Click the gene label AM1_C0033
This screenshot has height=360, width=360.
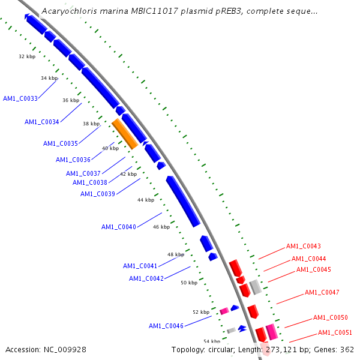point(20,98)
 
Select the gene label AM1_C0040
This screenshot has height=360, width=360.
point(119,227)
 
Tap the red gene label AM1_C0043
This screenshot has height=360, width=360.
point(304,246)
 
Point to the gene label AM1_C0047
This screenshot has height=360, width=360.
point(322,292)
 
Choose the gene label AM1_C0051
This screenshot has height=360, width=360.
point(335,332)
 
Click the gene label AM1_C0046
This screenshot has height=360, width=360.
point(166,326)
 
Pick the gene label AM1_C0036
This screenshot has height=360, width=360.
point(73,160)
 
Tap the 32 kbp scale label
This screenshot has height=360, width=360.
point(27,57)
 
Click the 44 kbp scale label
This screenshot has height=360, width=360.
point(145,200)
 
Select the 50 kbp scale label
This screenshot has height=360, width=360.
point(189,283)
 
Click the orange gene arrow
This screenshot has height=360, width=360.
point(125,134)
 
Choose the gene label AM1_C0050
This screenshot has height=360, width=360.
point(331,317)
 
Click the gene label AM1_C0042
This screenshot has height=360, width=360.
point(146,278)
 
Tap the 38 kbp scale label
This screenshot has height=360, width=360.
point(91,124)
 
